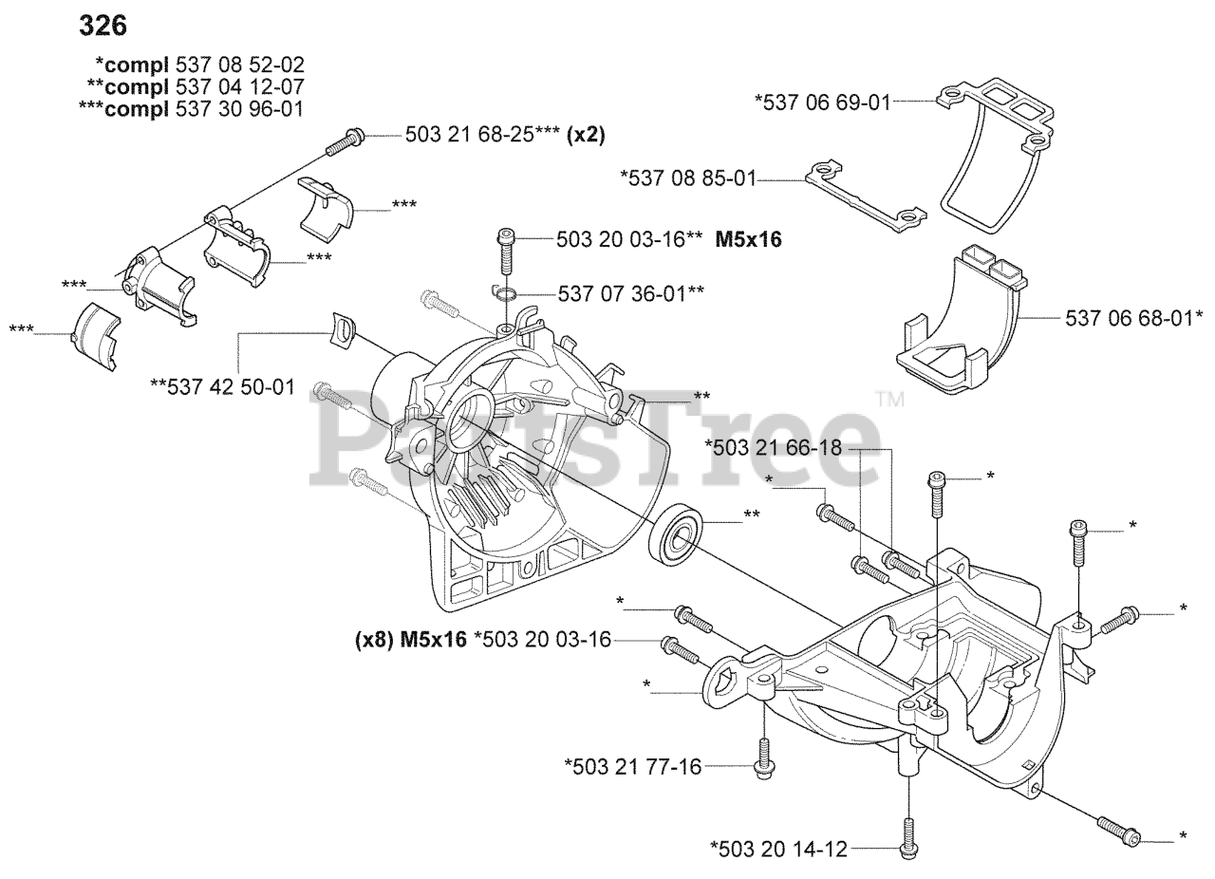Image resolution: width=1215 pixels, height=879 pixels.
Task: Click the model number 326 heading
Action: point(103,26)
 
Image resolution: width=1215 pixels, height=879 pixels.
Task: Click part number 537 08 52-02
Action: point(240,65)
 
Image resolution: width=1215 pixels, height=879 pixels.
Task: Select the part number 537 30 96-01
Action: point(239,108)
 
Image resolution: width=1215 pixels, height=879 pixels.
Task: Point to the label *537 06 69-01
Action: point(822,102)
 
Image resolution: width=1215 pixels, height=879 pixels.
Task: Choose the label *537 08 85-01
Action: point(687,178)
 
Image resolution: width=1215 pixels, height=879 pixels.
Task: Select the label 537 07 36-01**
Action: point(630,293)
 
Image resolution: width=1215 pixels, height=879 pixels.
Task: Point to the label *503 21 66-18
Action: point(773,447)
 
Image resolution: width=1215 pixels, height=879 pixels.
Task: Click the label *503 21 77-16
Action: point(632,766)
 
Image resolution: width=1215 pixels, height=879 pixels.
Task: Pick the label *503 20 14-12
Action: point(777,849)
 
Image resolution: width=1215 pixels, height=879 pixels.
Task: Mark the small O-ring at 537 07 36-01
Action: point(507,293)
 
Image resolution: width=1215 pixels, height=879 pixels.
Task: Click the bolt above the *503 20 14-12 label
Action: point(907,832)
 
